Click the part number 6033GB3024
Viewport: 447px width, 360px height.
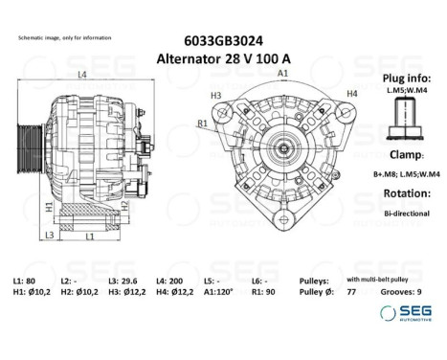tap(222, 41)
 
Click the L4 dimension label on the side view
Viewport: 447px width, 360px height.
tap(82, 74)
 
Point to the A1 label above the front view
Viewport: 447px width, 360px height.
tap(283, 73)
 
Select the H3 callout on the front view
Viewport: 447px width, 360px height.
tap(215, 95)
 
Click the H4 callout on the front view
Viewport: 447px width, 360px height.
tap(351, 93)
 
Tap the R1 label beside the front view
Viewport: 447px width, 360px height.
tap(203, 124)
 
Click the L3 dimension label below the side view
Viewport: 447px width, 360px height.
tap(49, 235)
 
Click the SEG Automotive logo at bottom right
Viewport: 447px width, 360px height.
tap(403, 313)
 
